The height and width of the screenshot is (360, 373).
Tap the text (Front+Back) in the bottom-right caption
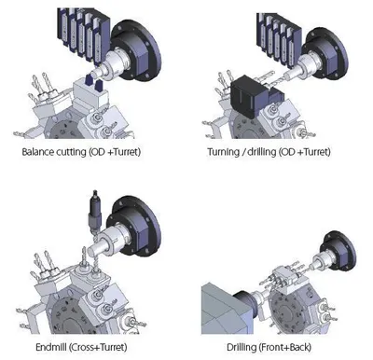285,347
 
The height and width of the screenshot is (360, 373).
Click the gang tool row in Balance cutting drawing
83,34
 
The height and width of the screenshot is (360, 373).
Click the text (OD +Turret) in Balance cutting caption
115,152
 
